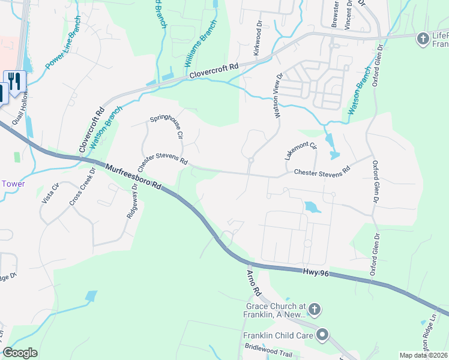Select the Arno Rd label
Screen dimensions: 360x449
pos(253,283)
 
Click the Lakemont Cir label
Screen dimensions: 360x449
pos(301,150)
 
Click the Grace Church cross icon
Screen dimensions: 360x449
pos(315,310)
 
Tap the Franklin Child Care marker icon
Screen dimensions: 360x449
pos(323,335)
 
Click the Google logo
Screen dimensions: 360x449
pos(20,353)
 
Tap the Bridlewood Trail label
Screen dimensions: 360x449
pos(268,354)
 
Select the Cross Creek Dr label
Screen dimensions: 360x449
pos(82,187)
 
